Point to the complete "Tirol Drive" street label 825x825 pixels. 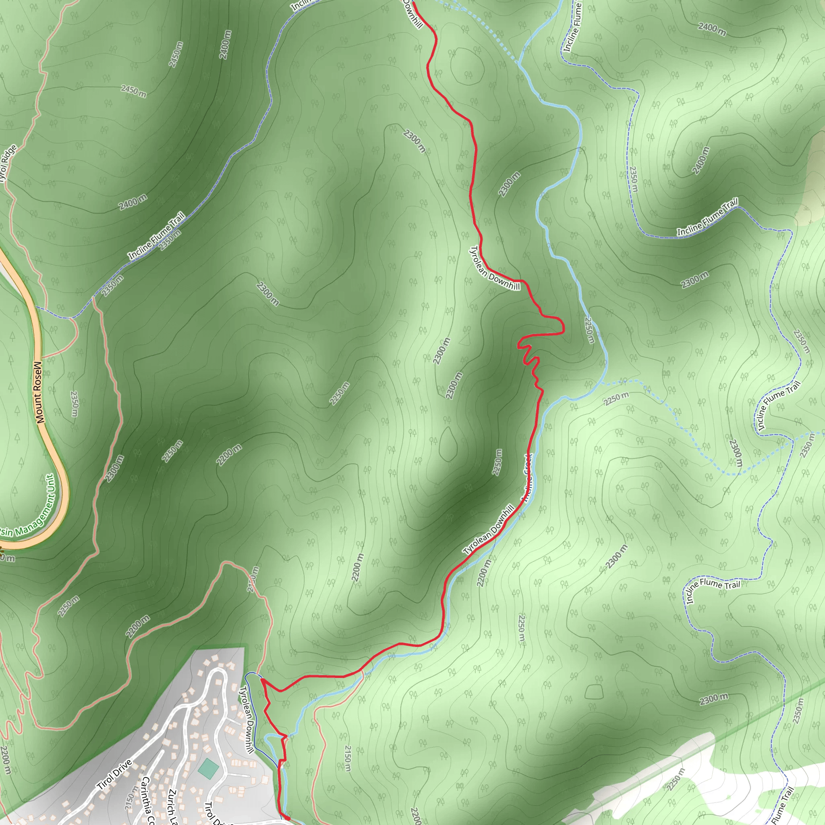114,775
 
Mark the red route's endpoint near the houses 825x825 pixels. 288,818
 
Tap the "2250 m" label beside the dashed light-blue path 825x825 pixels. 616,398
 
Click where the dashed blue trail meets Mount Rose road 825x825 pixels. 37,307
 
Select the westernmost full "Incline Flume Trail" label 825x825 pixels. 157,235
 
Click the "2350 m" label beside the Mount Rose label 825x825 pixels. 74,404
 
